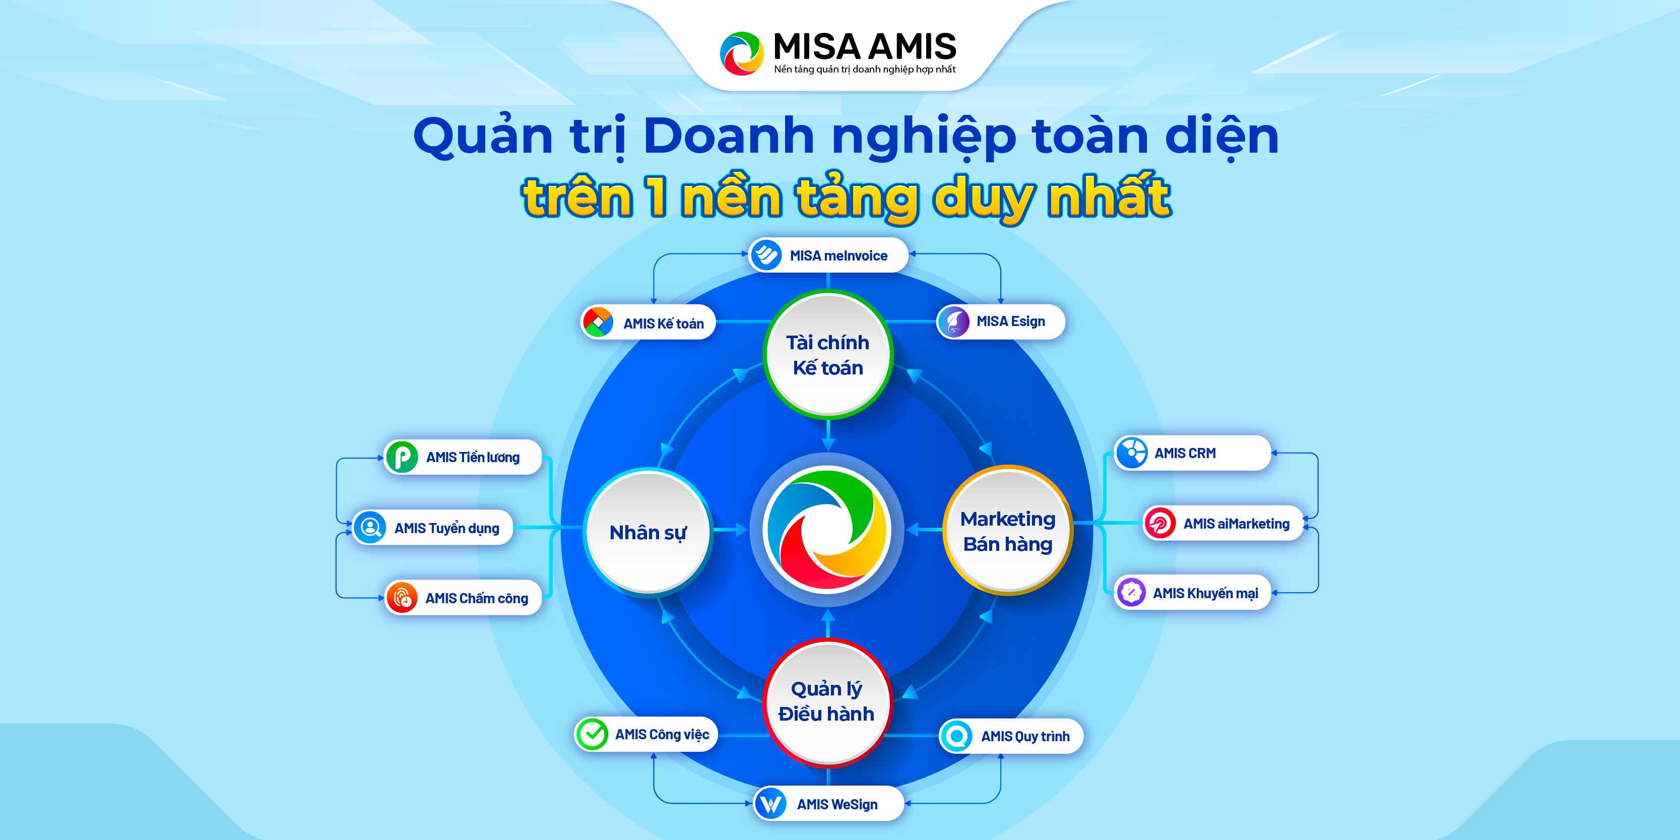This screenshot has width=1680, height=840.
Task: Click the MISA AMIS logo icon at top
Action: click(x=742, y=53)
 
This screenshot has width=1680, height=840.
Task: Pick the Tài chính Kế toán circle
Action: click(x=827, y=355)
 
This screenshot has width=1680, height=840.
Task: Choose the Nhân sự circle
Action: click(x=648, y=532)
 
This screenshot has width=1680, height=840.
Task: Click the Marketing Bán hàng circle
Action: click(x=1008, y=531)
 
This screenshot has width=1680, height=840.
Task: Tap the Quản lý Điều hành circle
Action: click(x=827, y=702)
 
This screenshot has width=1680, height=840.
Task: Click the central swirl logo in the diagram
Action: click(x=827, y=530)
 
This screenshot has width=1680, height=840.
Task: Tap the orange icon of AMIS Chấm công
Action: click(x=402, y=598)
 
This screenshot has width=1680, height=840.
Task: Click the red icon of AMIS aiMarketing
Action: click(x=1159, y=523)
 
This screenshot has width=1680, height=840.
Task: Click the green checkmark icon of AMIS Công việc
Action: click(x=592, y=734)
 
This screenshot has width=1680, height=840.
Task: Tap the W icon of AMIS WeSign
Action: click(x=771, y=804)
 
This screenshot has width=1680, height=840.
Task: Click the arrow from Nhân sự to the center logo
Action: click(x=731, y=530)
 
